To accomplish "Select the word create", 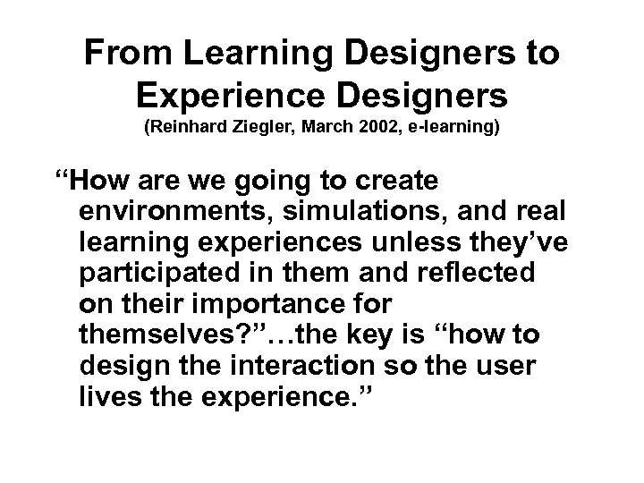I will (394, 182).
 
